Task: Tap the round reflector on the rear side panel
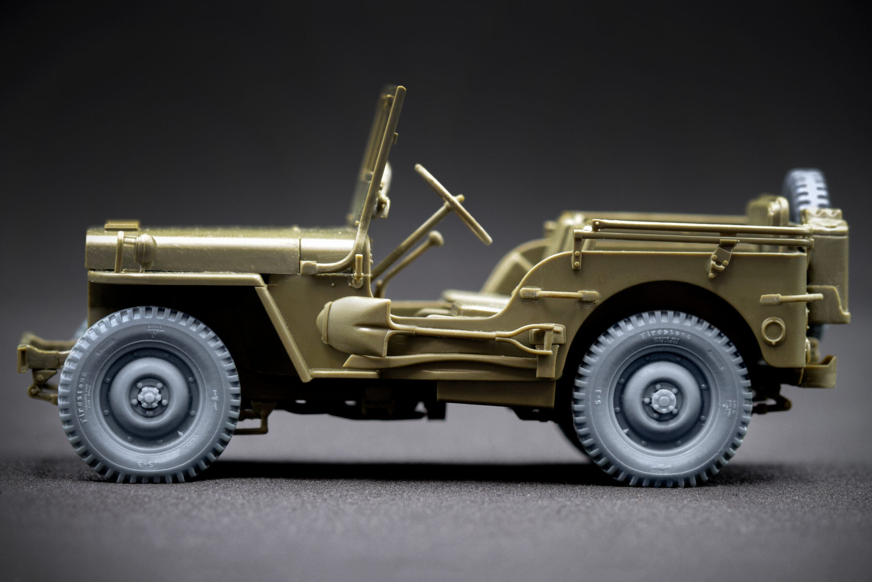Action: click(x=773, y=330)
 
